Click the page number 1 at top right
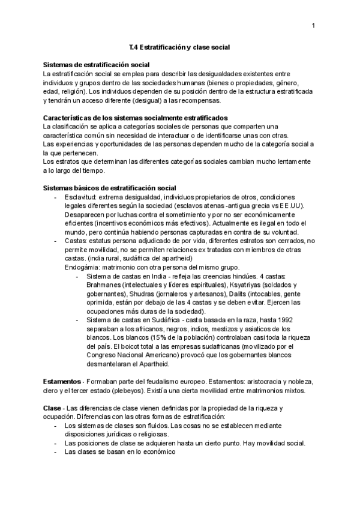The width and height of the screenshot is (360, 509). (314, 25)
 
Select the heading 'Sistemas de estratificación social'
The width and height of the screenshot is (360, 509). (97, 64)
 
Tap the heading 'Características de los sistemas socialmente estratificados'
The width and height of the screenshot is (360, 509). (136, 117)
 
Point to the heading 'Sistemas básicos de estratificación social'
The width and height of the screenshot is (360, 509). (110, 188)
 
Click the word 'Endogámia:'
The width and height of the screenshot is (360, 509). (83, 267)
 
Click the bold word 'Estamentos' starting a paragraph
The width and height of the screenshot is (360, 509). (62, 382)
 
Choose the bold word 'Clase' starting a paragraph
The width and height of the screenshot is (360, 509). (53, 408)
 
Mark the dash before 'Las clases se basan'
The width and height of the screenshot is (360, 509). (55, 453)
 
